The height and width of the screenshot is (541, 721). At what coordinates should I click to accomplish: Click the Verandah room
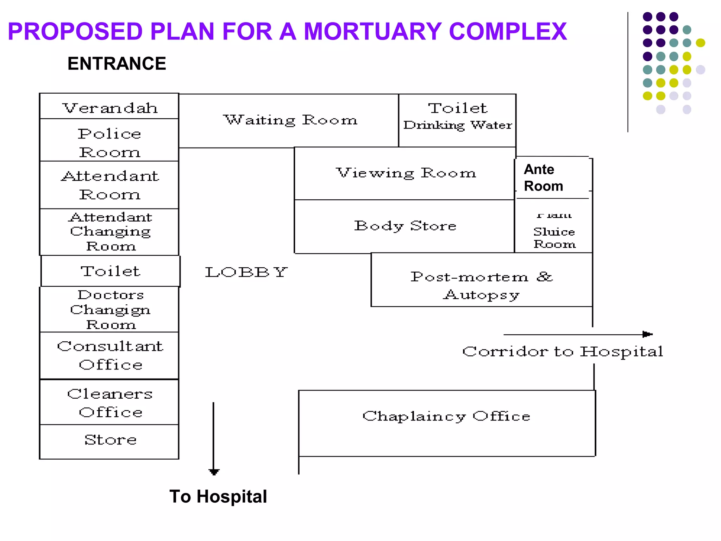(109, 107)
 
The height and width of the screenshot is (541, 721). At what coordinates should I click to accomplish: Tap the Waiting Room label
(290, 120)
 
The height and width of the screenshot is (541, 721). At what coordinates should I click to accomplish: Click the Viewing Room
(405, 173)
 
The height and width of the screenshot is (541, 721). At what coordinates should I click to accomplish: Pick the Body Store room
(405, 226)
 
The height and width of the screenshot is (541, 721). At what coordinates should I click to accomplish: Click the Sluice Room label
(554, 237)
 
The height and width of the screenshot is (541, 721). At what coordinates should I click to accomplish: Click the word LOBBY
(246, 272)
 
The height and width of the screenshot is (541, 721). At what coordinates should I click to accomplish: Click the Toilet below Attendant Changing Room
(110, 271)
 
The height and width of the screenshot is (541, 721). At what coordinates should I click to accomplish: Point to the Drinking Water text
(457, 125)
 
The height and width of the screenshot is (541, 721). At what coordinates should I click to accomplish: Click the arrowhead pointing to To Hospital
(214, 472)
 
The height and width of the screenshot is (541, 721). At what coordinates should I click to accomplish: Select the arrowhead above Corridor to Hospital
(647, 334)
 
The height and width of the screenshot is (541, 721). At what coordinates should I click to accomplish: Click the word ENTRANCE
(117, 64)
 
